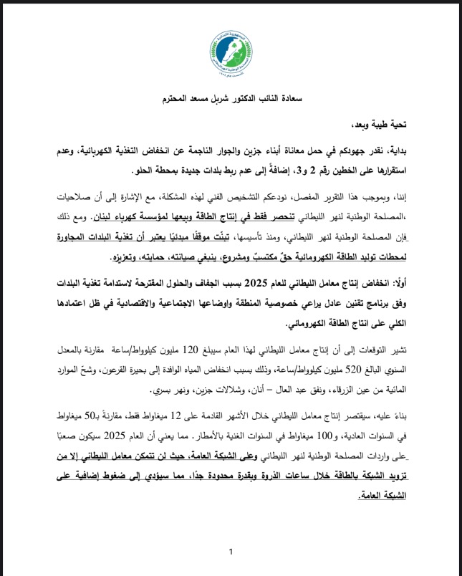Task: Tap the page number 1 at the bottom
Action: click(x=231, y=552)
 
